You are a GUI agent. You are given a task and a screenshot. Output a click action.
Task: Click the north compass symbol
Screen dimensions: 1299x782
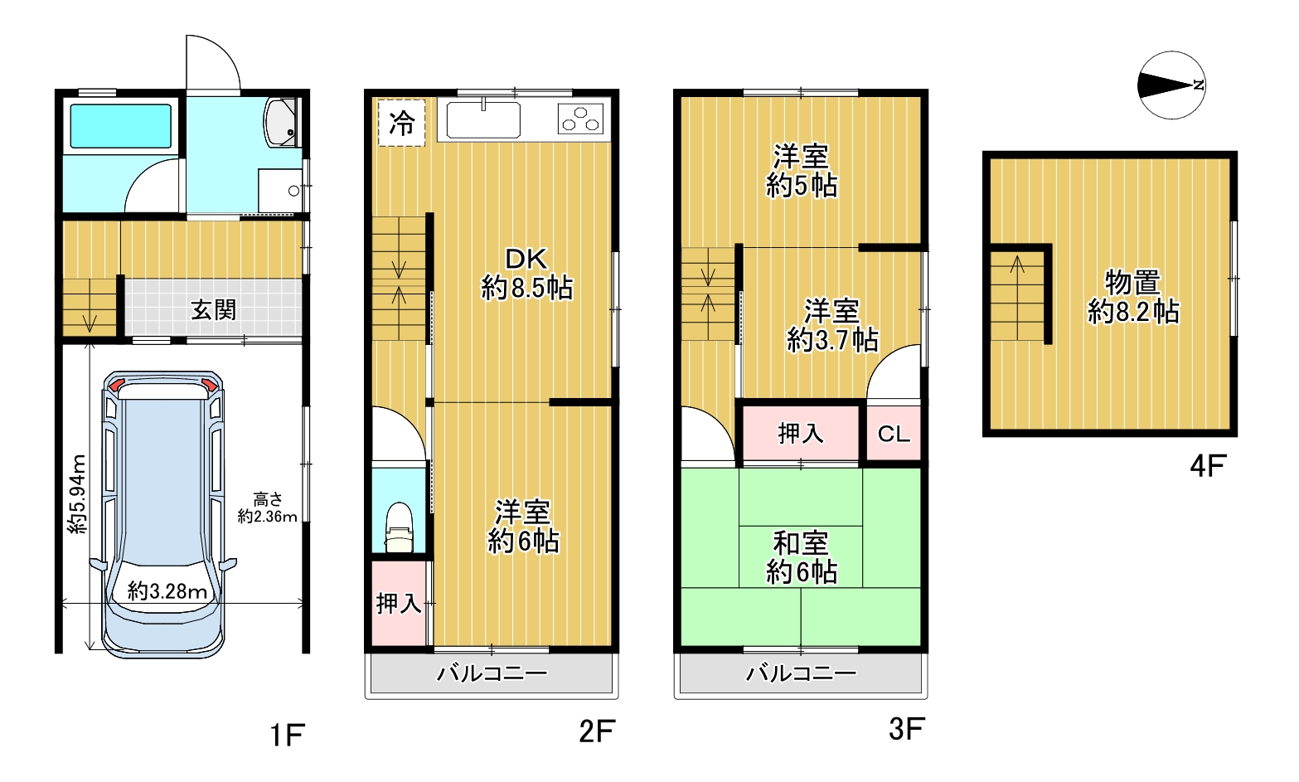click(x=1172, y=85)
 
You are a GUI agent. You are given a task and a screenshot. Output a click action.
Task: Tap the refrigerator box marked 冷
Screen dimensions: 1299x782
click(x=401, y=123)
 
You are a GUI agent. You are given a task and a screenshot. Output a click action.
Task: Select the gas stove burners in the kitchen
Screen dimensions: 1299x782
click(x=580, y=119)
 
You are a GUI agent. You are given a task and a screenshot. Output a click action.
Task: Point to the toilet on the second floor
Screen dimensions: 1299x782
click(x=399, y=527)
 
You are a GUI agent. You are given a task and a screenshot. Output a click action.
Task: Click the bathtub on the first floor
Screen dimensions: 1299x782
click(x=121, y=126)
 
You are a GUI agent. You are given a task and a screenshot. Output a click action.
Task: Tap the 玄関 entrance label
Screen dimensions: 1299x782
click(x=213, y=310)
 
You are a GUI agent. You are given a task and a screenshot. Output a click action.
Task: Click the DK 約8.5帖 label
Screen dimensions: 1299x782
click(x=526, y=273)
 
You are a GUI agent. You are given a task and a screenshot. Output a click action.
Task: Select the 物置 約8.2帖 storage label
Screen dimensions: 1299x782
click(x=1132, y=297)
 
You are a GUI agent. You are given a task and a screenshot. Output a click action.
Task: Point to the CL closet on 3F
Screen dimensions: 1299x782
click(x=894, y=434)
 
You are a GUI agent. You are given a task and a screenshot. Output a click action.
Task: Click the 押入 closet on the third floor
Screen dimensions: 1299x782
click(x=800, y=434)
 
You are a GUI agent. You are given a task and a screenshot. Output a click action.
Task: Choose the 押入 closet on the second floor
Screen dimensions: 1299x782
click(x=399, y=604)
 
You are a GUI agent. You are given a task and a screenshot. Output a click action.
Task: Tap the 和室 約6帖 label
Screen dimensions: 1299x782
click(x=801, y=557)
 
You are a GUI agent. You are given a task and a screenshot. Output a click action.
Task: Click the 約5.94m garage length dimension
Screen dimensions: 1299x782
click(x=76, y=494)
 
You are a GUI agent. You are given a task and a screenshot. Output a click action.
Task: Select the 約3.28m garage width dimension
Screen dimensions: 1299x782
click(x=167, y=591)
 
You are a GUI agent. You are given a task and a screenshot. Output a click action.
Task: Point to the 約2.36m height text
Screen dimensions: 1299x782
click(x=267, y=516)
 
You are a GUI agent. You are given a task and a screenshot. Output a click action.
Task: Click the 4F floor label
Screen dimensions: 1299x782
click(x=1208, y=465)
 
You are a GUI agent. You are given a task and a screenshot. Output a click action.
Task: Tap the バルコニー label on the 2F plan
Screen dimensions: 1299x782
click(x=492, y=673)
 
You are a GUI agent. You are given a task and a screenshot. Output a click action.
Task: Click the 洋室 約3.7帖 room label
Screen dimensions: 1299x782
click(x=832, y=325)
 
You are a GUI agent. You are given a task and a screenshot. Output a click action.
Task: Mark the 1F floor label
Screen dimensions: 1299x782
click(x=288, y=736)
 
